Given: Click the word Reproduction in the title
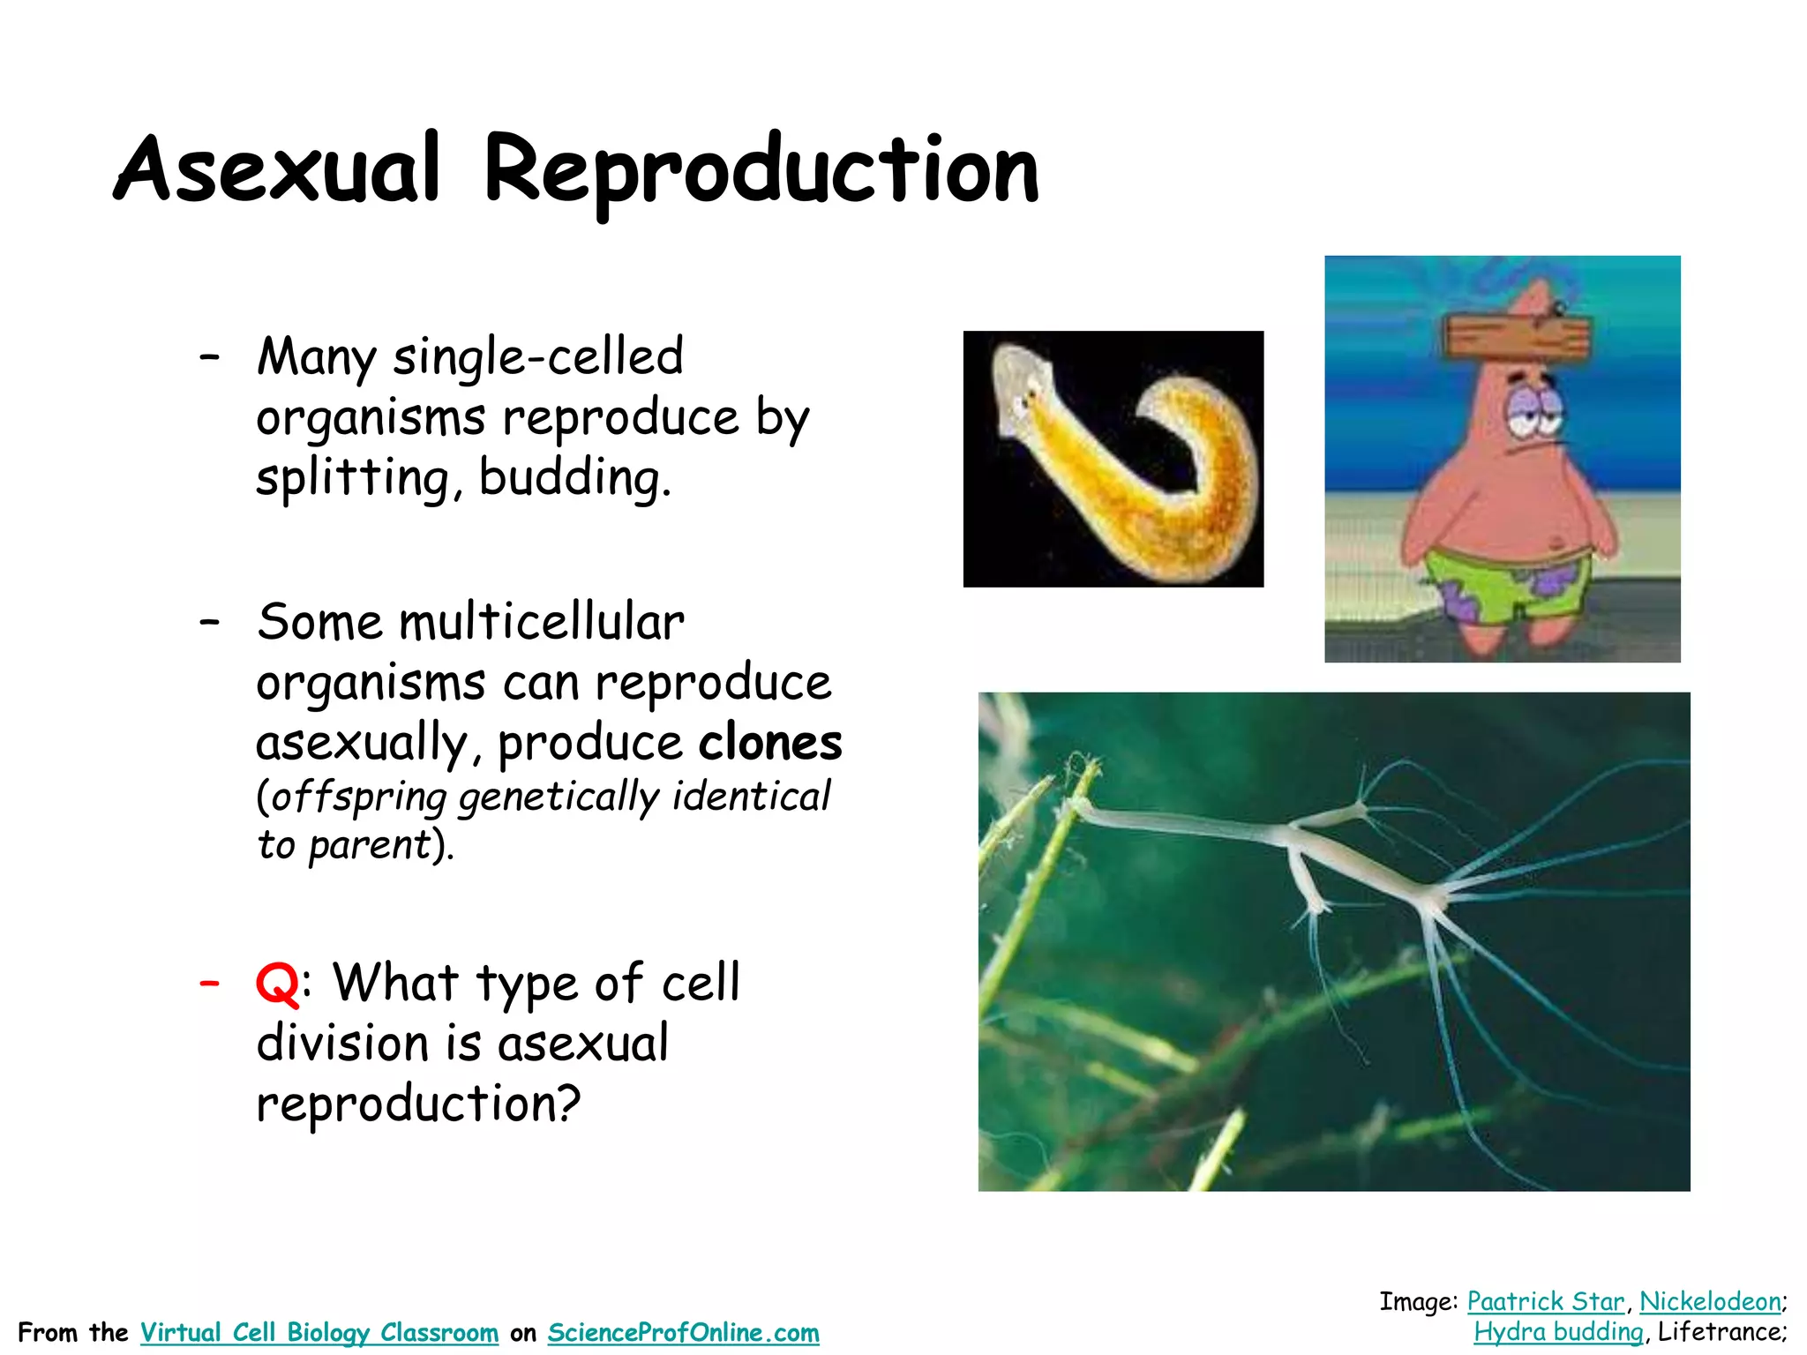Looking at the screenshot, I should (x=761, y=170).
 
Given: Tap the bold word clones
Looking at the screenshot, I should (x=770, y=742).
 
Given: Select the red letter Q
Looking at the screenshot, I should (x=277, y=984).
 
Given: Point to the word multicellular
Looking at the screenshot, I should (x=542, y=622).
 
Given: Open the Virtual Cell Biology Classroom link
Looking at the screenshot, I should (x=319, y=1332).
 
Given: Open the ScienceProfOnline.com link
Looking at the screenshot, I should (x=683, y=1332).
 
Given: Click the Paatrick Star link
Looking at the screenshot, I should (x=1545, y=1301).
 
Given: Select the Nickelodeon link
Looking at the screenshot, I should (x=1710, y=1301).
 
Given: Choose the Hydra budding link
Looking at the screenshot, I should (x=1558, y=1331).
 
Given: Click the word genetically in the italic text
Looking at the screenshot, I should (x=559, y=797).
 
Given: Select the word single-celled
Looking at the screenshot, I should (x=537, y=356).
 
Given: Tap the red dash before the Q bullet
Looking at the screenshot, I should (x=209, y=982).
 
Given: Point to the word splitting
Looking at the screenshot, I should (x=352, y=477).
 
